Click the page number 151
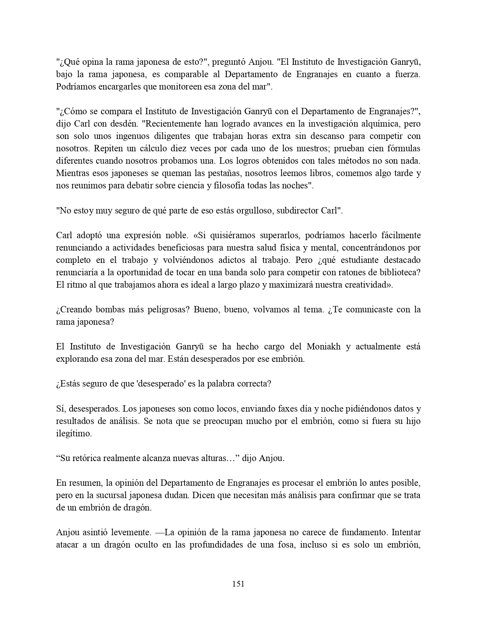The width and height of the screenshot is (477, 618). point(238,584)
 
